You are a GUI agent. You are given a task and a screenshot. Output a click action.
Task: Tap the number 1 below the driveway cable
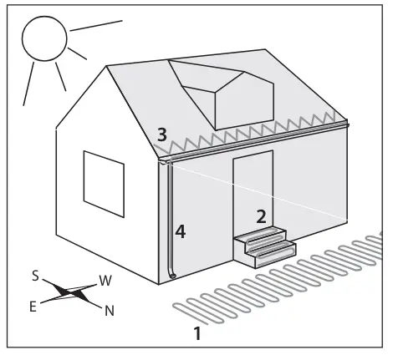tap(197, 333)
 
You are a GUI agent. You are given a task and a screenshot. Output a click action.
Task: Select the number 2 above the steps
tap(261, 216)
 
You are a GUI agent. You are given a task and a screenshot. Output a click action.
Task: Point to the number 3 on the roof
tap(162, 134)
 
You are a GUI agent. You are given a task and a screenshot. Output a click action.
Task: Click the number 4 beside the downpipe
tap(181, 232)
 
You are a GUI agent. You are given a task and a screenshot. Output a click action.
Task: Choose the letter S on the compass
tap(35, 276)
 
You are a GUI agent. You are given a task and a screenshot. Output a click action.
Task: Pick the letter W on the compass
tap(105, 281)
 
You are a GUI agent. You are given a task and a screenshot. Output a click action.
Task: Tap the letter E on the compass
tap(33, 307)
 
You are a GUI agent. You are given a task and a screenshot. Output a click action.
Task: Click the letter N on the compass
tap(110, 311)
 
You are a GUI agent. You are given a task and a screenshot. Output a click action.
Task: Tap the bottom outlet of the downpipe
tap(172, 276)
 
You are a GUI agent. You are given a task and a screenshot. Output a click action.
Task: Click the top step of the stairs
tap(260, 234)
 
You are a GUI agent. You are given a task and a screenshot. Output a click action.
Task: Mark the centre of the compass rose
tap(71, 293)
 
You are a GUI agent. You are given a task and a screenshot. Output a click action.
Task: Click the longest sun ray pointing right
tap(96, 25)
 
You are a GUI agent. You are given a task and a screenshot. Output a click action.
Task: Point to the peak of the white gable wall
tap(106, 66)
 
